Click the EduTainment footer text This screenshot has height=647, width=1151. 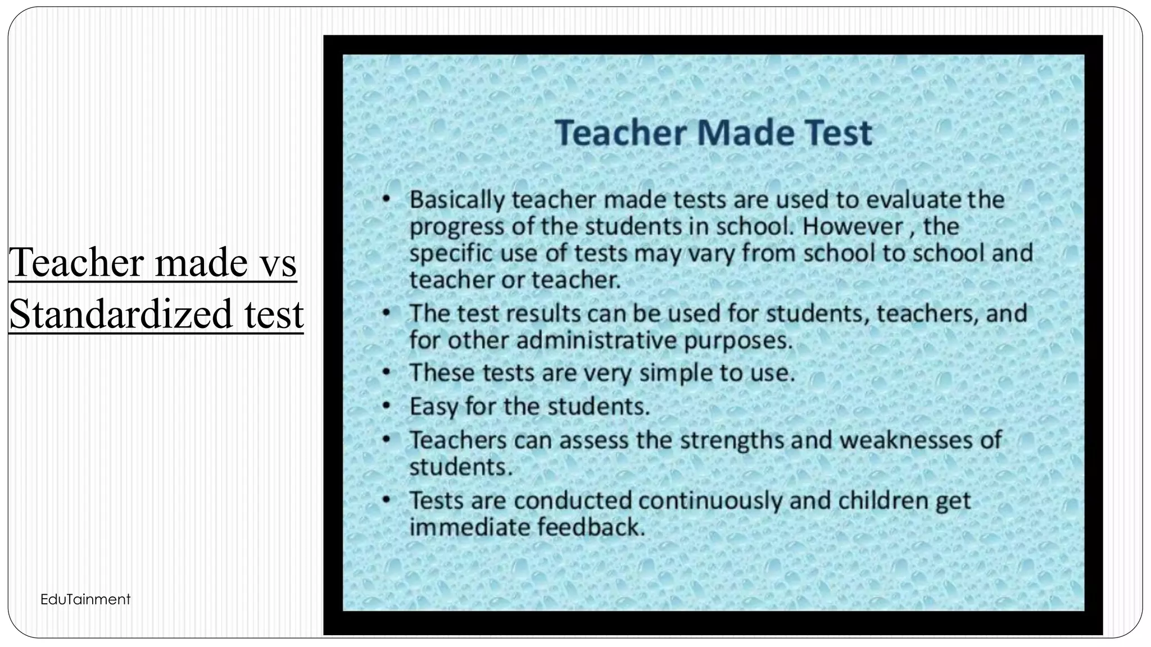pos(85,599)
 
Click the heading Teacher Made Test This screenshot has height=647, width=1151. pos(713,133)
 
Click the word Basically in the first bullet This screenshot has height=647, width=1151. pos(457,200)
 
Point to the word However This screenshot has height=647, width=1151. pos(850,226)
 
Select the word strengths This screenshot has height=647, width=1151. pos(732,440)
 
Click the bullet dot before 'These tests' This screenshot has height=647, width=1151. pos(386,372)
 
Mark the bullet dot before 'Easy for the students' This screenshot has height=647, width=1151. pos(386,405)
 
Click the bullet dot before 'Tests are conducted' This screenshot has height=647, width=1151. pos(386,499)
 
